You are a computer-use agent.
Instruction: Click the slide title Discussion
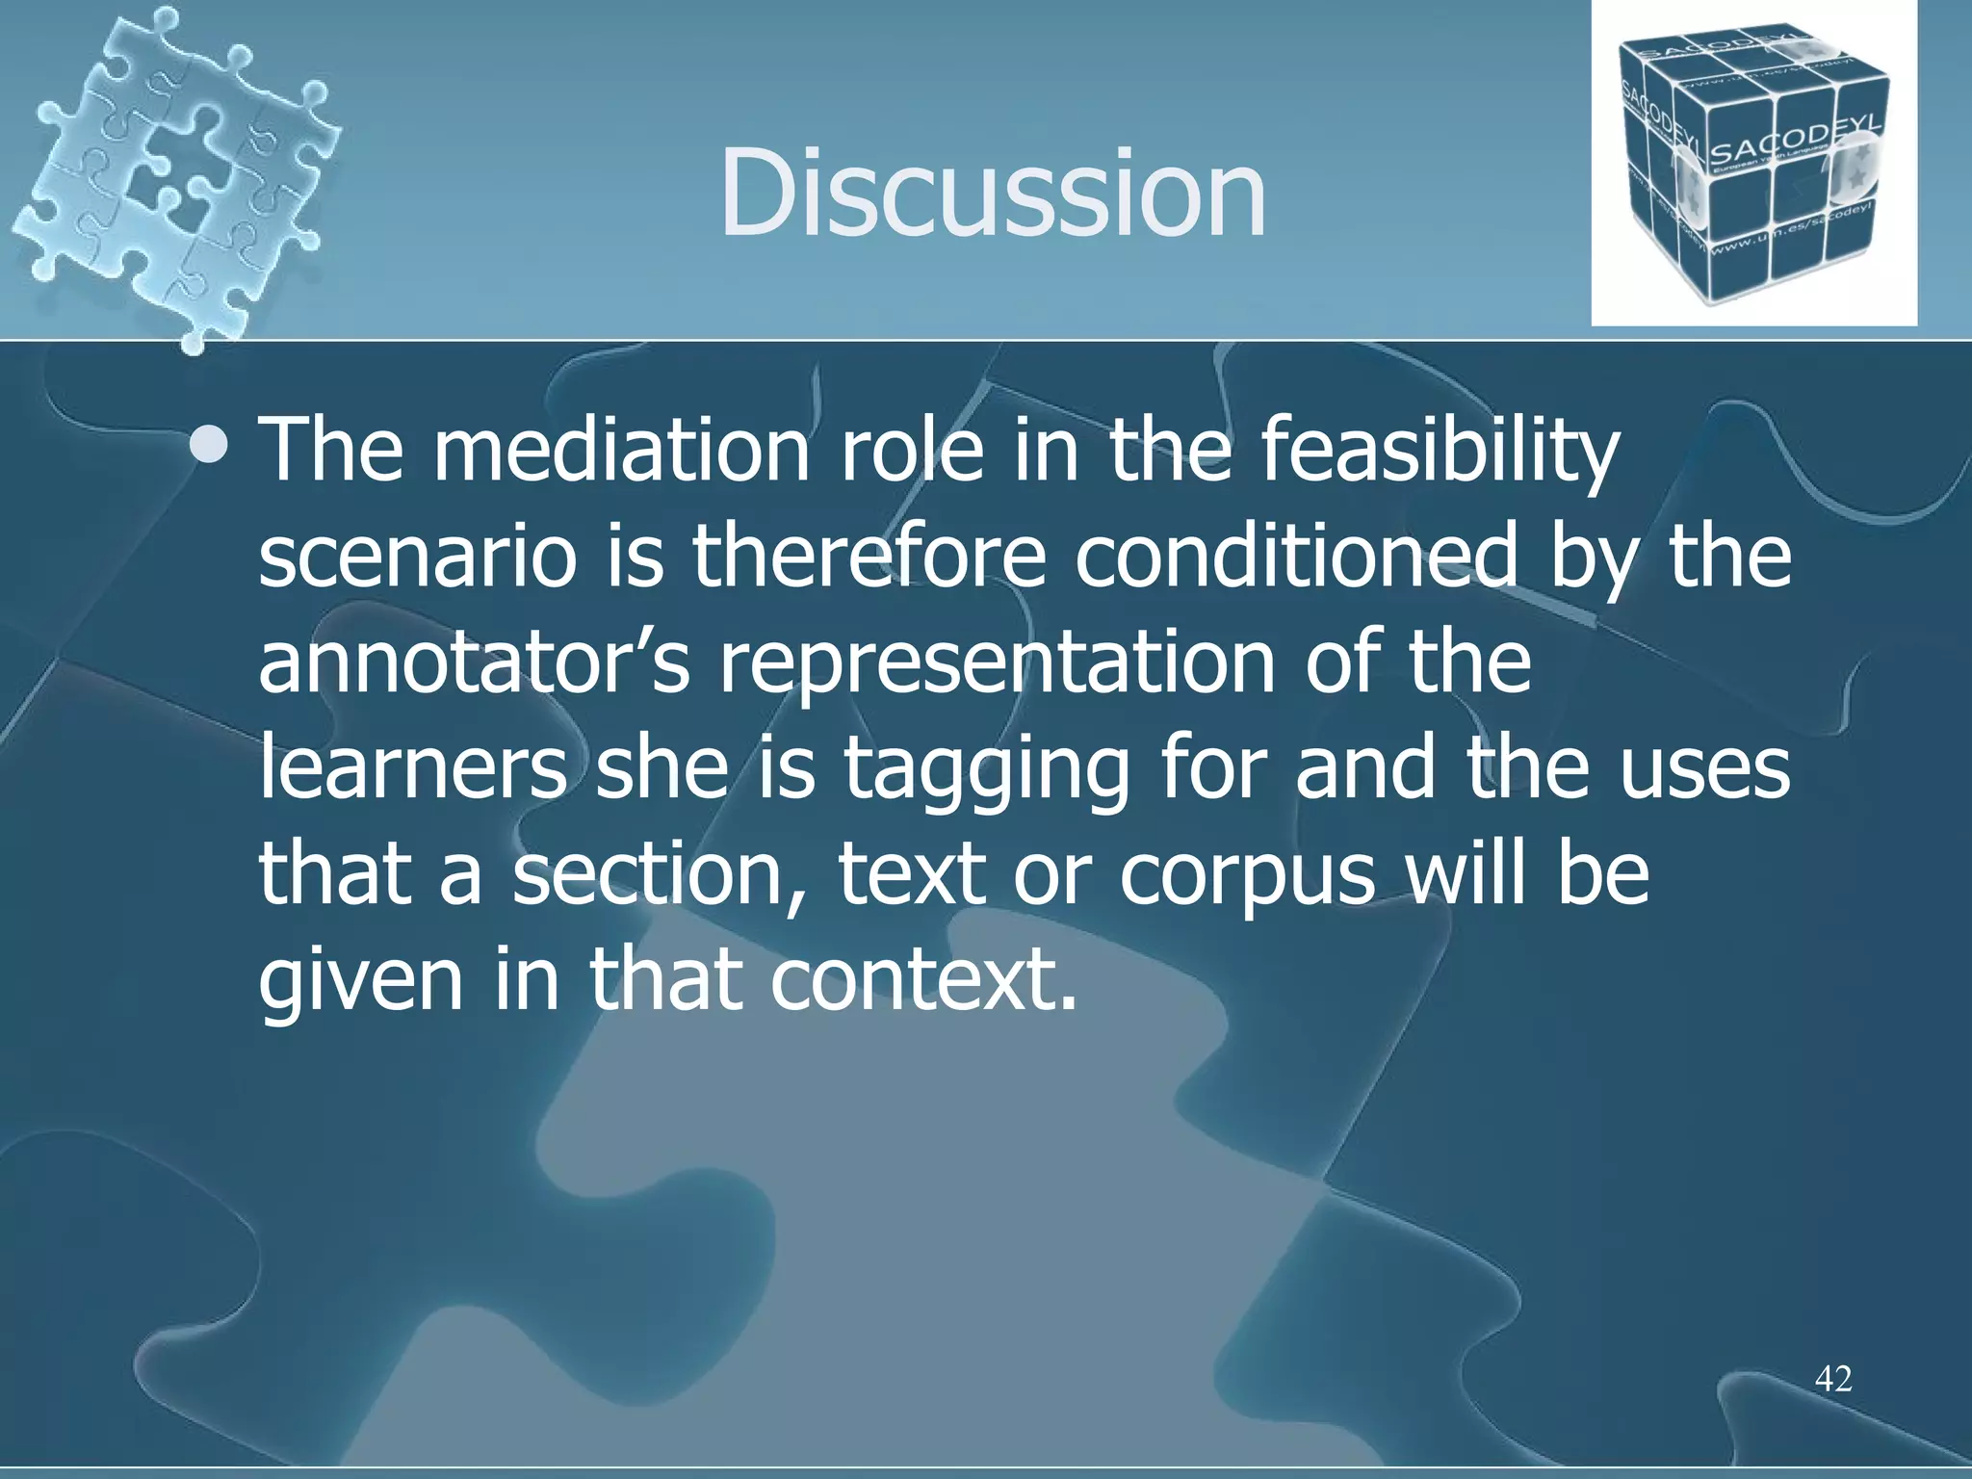point(992,193)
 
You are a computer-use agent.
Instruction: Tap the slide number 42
point(1833,1379)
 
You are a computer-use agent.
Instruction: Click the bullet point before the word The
point(210,445)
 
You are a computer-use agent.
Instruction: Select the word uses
point(1704,770)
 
